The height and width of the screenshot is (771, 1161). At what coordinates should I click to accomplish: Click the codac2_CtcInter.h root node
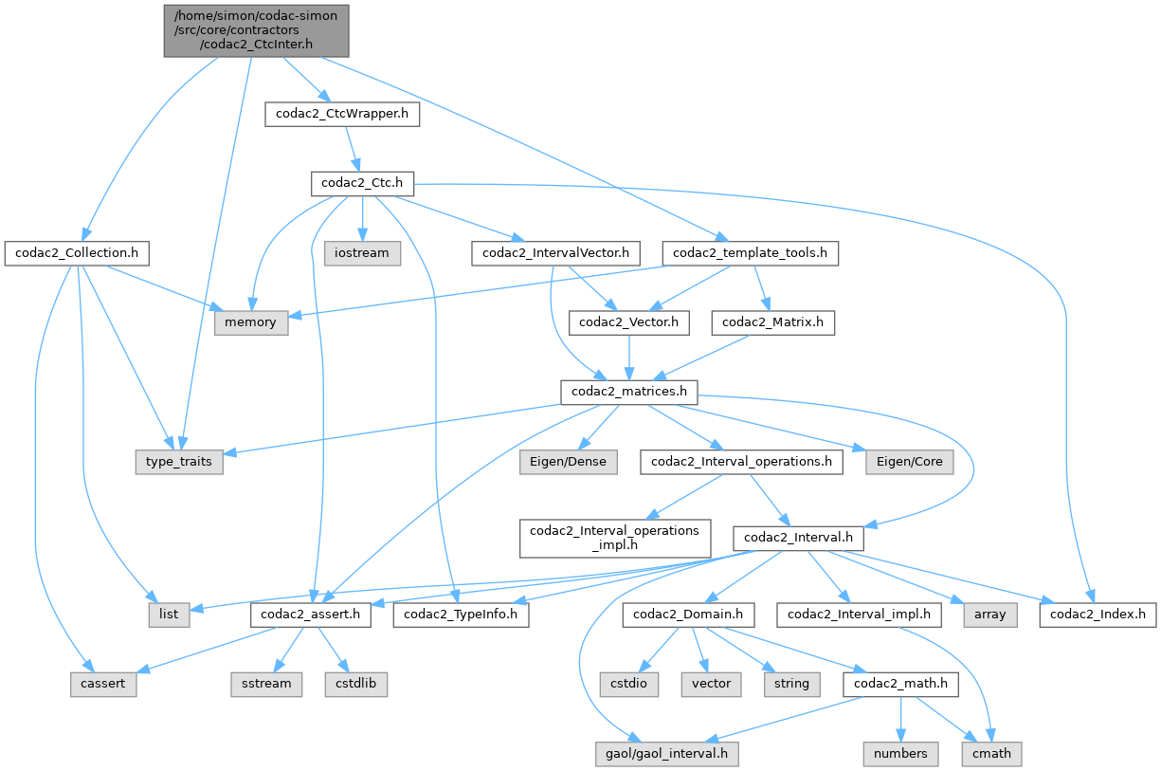point(257,29)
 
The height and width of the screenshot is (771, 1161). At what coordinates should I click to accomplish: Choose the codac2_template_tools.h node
point(750,253)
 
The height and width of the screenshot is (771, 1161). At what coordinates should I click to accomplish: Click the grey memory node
point(250,322)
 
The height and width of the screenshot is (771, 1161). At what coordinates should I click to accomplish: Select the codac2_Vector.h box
point(628,322)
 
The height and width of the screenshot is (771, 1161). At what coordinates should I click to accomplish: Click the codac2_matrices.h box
point(629,392)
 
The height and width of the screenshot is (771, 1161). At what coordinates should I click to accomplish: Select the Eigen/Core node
point(908,462)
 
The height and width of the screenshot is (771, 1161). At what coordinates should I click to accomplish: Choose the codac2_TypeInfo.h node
point(465,615)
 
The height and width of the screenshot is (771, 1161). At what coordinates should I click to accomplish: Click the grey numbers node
point(901,753)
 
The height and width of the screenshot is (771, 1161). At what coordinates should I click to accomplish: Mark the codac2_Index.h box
point(1098,615)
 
